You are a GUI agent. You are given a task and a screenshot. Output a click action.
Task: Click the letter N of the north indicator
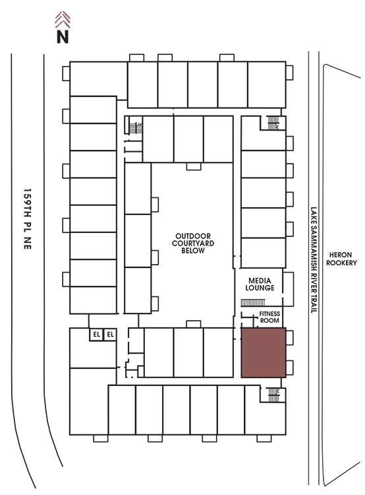[x=63, y=36]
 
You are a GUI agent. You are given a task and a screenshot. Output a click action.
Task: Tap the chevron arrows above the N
[x=63, y=20]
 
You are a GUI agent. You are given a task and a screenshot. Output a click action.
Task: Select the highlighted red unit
[x=264, y=352]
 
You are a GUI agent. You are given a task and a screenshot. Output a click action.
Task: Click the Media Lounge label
[x=260, y=284]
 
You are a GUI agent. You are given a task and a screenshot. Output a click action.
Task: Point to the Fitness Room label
[x=269, y=317]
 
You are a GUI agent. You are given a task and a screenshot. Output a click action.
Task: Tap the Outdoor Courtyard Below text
[x=193, y=244]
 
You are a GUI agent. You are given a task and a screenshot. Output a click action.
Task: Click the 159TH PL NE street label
[x=28, y=219]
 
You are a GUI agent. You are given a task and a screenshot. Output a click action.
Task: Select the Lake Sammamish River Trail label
[x=314, y=260]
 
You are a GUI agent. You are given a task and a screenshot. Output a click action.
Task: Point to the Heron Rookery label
[x=341, y=259]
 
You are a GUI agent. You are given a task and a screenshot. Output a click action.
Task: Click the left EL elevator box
[x=96, y=335]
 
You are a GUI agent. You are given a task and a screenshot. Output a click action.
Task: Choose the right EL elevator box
[x=110, y=335]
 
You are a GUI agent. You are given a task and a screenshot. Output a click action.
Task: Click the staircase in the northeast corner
[x=273, y=123]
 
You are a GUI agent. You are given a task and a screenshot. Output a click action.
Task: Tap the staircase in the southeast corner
[x=274, y=395]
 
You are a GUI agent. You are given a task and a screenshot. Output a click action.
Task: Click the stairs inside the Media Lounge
[x=253, y=303]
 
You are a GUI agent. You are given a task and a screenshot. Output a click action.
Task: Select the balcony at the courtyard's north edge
[x=194, y=166]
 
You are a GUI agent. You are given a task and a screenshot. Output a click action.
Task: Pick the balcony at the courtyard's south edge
[x=194, y=324]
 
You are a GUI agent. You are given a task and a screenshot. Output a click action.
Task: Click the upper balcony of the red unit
[x=290, y=338]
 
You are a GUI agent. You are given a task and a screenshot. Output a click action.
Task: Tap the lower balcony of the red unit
[x=290, y=368]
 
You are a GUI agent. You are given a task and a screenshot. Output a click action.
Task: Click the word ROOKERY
[x=341, y=263]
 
